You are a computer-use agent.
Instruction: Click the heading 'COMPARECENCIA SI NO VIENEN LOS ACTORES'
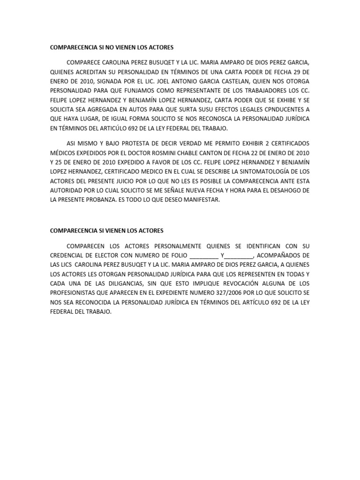pos(112,48)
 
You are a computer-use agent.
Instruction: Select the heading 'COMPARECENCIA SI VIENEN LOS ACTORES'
pos(106,231)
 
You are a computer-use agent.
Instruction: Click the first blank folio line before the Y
pos(204,256)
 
